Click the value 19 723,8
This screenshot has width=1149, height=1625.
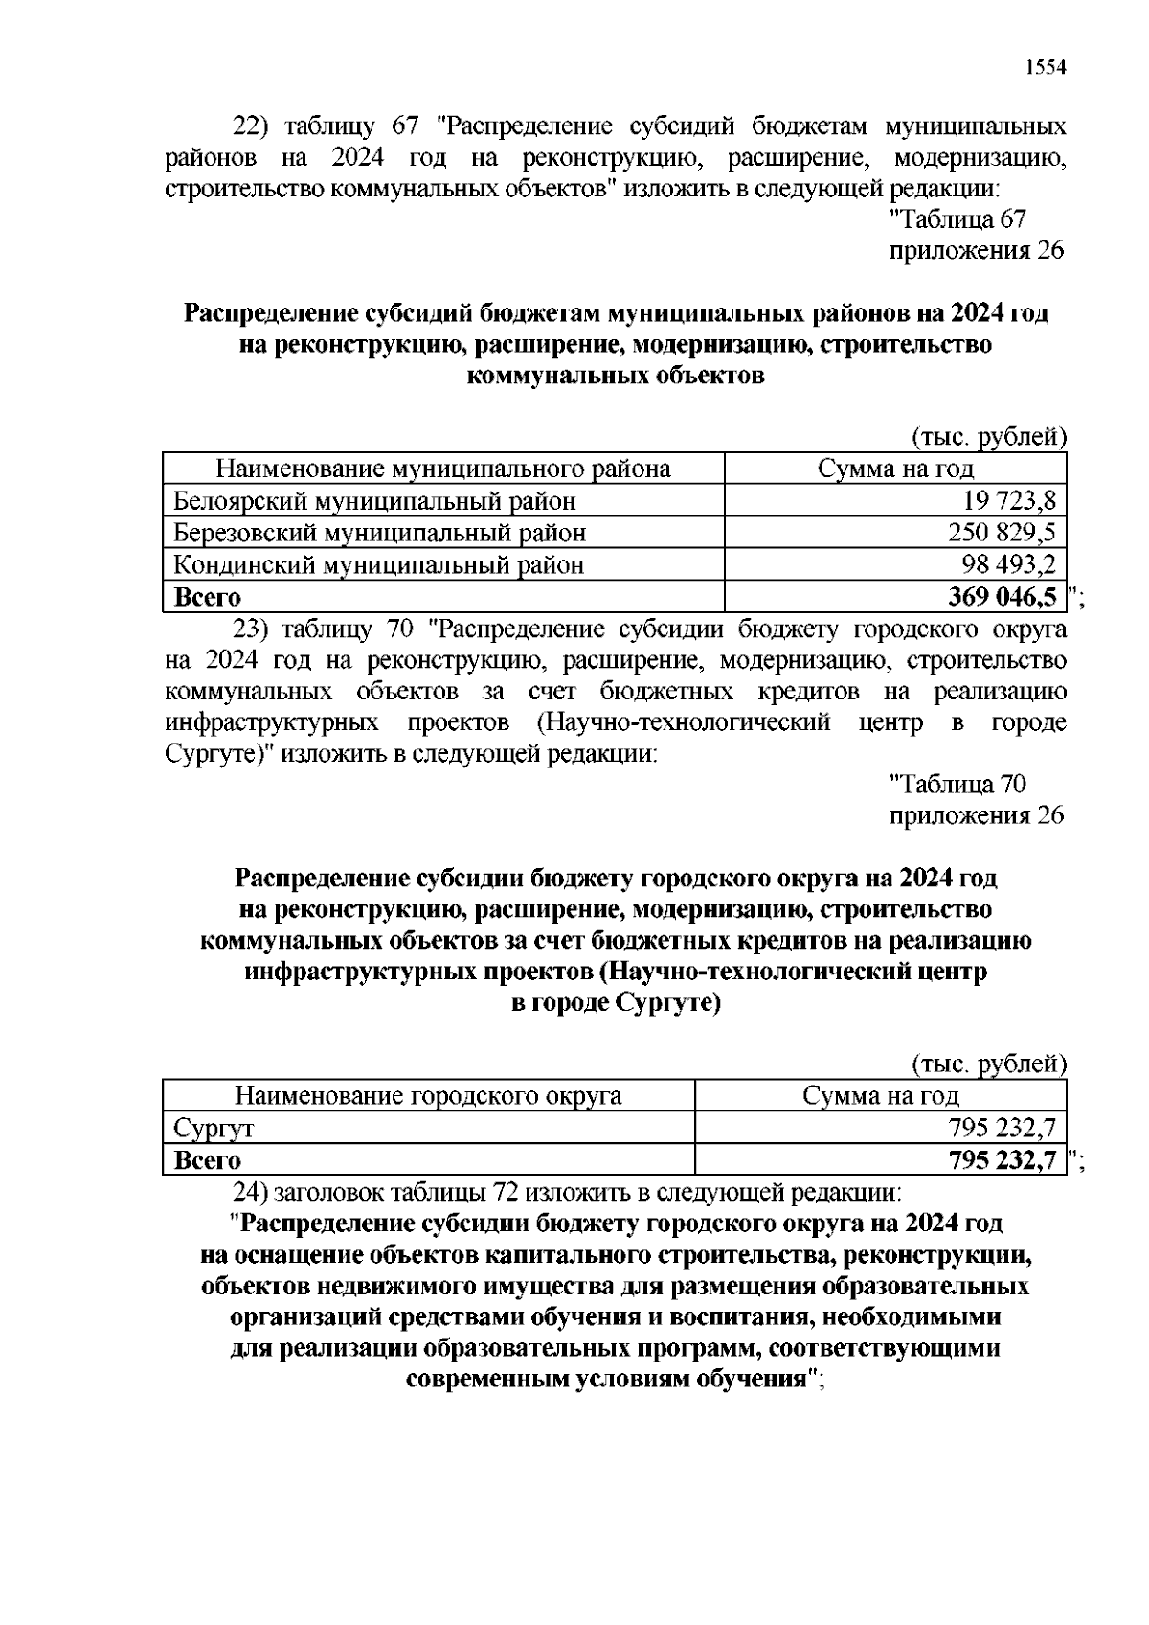pos(1008,500)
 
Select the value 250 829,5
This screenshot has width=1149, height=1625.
pos(1002,533)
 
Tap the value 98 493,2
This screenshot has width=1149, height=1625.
pos(1008,564)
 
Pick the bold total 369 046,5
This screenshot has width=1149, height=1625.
pos(1002,597)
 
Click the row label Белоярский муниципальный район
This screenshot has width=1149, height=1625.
pos(374,500)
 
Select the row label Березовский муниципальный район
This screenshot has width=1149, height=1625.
pos(379,533)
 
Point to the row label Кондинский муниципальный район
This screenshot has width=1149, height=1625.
pos(378,564)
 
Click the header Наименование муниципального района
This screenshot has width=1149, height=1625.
pos(442,469)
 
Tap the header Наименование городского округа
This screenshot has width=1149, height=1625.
pos(428,1096)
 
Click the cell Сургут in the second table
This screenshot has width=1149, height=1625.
pos(214,1129)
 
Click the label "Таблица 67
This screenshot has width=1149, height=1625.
pos(957,219)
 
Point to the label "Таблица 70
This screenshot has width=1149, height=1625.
pos(957,785)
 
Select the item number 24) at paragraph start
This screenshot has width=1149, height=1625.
pos(251,1193)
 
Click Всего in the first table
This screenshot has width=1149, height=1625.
pos(207,597)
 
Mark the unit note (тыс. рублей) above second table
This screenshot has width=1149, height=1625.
pos(987,1064)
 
